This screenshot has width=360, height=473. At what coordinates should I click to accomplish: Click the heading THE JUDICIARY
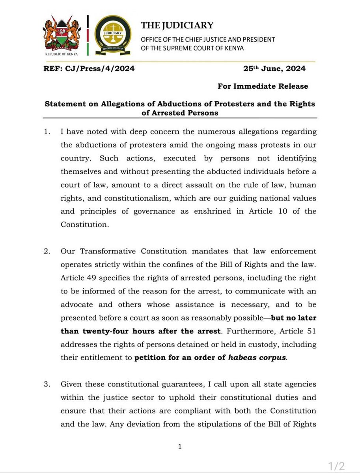tap(177, 26)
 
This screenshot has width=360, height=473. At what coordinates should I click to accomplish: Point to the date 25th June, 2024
tap(274, 69)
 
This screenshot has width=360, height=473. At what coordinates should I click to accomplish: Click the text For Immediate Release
tap(263, 86)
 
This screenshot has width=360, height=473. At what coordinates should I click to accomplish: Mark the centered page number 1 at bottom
tap(180, 446)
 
